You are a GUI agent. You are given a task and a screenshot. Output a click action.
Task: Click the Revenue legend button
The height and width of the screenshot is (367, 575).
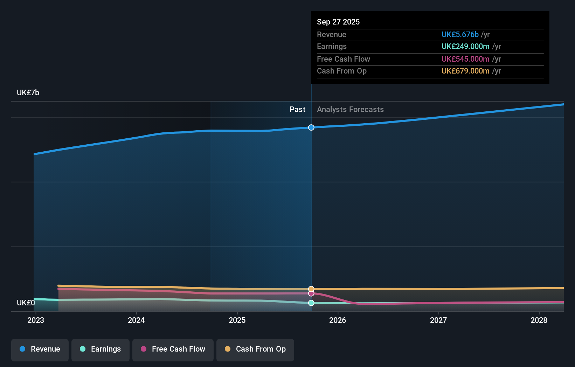[x=40, y=349]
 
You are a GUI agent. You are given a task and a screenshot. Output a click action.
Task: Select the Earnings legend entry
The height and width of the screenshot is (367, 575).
[x=101, y=349]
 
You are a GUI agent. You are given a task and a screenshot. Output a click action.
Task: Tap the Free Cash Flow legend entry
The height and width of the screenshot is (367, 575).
[x=173, y=349]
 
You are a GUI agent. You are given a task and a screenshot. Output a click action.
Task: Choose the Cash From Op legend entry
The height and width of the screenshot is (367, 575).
[x=255, y=349]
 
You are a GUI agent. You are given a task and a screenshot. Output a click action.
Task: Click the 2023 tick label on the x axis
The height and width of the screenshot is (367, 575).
[x=36, y=320]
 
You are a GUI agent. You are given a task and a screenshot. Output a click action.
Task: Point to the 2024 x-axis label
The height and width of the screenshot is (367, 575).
[x=136, y=320]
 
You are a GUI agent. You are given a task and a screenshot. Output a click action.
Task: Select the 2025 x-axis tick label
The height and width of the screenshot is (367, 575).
[x=237, y=320]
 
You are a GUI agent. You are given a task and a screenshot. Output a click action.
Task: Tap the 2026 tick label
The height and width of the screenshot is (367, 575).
[x=338, y=320]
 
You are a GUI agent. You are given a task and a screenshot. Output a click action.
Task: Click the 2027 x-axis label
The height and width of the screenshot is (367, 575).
[x=438, y=320]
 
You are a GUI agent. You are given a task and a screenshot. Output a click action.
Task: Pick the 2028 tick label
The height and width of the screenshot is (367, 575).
[x=539, y=320]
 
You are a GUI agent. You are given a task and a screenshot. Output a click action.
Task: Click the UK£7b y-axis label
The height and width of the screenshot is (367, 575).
[x=28, y=93]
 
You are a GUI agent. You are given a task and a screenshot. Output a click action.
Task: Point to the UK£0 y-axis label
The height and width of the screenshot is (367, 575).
[x=26, y=303]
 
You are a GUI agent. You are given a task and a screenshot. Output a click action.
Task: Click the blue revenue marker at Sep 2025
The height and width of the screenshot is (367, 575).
[x=311, y=127]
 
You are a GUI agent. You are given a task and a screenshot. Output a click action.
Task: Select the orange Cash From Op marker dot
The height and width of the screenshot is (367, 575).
[x=311, y=289]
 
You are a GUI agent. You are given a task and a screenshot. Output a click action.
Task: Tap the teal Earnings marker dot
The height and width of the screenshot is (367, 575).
[x=311, y=303]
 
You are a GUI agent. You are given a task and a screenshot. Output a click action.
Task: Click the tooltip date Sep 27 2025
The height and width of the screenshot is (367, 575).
[x=338, y=22]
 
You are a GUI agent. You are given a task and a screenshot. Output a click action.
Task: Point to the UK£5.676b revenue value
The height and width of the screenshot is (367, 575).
[x=460, y=34]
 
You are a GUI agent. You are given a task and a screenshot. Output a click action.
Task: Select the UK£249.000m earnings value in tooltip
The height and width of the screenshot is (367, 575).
[x=465, y=47]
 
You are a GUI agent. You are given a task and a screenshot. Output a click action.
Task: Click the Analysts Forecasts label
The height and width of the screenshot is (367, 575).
[x=350, y=110]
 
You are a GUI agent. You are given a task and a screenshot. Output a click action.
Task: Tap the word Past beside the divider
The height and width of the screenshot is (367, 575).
[x=297, y=110]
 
